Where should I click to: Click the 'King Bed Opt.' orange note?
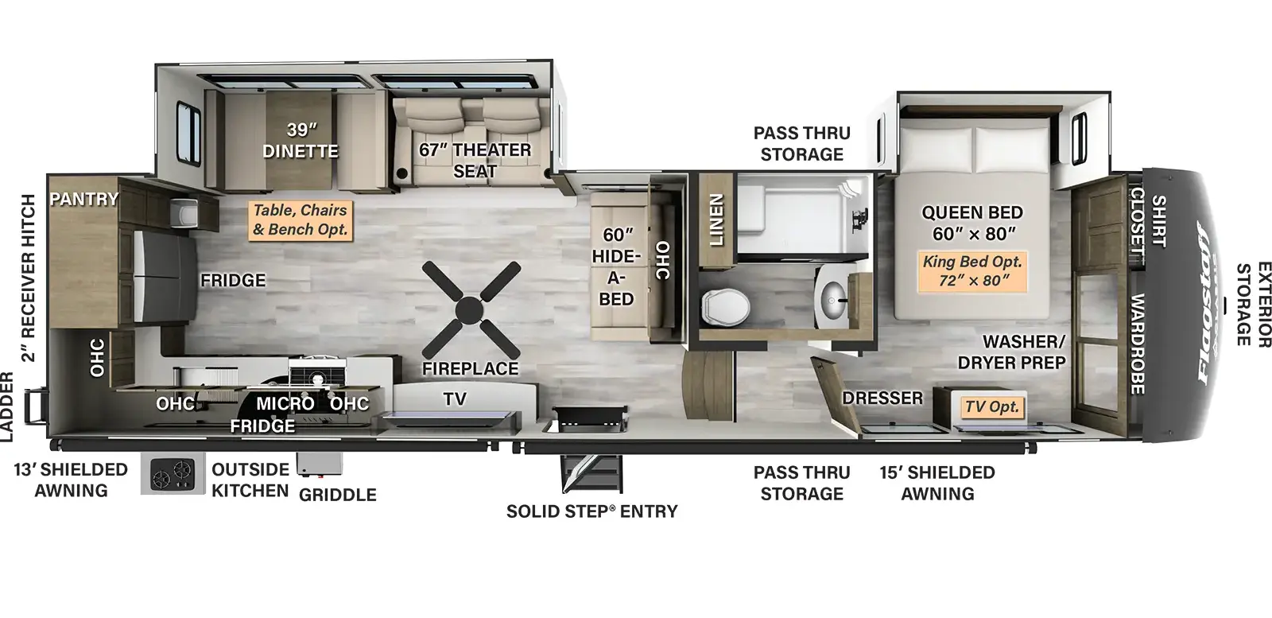[972, 271]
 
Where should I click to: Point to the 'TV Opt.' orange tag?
[992, 406]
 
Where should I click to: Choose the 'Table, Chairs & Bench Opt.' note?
[300, 220]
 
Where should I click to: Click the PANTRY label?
[84, 199]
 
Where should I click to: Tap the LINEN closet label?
[716, 220]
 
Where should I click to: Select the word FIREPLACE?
[470, 368]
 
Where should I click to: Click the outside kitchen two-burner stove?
[173, 473]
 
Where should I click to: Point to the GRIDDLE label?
[337, 495]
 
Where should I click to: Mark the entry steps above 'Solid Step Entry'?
[591, 472]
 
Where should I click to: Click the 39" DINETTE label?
[301, 140]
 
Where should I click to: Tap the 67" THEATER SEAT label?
[475, 160]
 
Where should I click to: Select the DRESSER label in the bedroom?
[882, 398]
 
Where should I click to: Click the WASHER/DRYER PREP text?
[1012, 352]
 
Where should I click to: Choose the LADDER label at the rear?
[6, 406]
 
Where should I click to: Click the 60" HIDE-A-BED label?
[617, 266]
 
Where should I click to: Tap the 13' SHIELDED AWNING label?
[71, 480]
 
